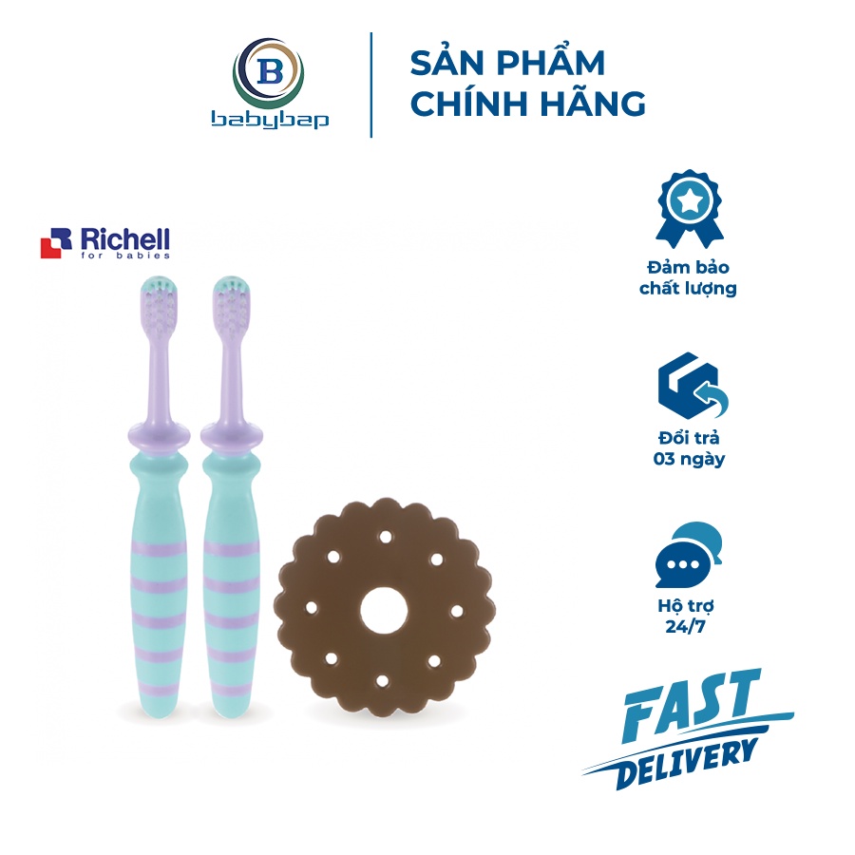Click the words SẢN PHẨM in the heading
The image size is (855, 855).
(507, 64)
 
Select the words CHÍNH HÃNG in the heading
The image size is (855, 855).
(528, 103)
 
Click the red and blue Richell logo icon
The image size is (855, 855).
(56, 244)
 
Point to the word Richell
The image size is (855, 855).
(123, 238)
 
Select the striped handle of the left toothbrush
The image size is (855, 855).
(155, 589)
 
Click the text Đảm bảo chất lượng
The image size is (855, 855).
(688, 277)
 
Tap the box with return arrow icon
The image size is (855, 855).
(688, 390)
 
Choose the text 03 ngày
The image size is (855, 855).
(688, 459)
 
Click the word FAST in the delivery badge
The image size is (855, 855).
(691, 703)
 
